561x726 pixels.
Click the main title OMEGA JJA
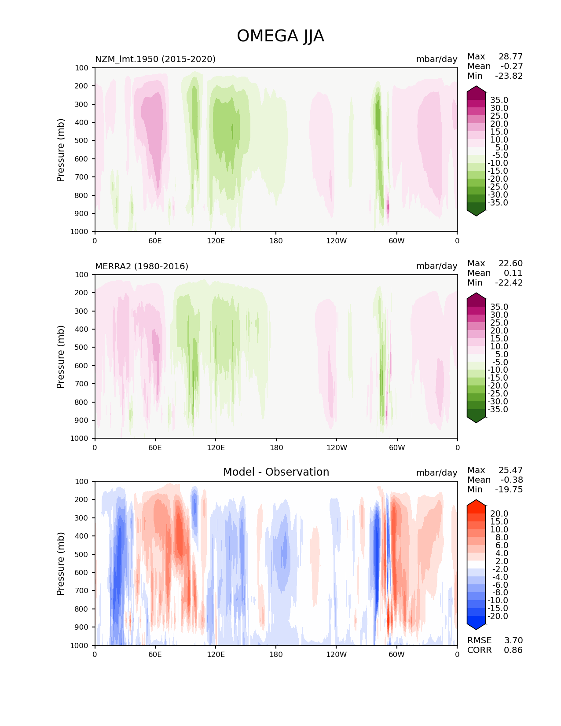[280, 36]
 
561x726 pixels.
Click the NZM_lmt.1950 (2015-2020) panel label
[155, 59]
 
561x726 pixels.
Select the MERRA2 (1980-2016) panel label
[142, 266]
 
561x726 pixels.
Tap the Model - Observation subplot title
[276, 472]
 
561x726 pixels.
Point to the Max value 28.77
[510, 56]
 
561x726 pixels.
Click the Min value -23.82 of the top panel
[509, 76]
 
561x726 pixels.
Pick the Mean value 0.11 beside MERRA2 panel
[513, 273]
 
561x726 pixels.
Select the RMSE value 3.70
[513, 640]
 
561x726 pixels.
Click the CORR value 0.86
[513, 650]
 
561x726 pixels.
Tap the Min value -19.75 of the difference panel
[509, 489]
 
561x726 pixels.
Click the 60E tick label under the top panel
[155, 241]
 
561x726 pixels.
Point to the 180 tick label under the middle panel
[276, 447]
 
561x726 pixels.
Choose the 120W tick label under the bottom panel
[336, 654]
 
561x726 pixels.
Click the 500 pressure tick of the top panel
[82, 140]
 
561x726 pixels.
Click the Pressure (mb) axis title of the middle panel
[61, 356]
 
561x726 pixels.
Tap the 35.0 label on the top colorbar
[499, 100]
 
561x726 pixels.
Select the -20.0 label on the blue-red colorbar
[498, 616]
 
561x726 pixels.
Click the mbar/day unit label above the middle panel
[436, 266]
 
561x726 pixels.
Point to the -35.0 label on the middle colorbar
[498, 409]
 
